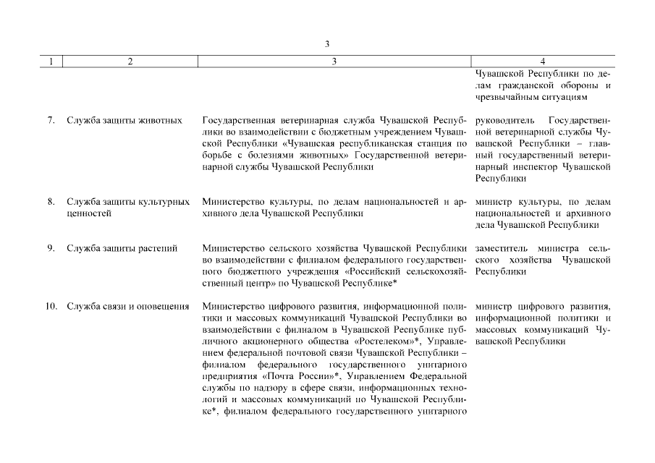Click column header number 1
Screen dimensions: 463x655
click(x=51, y=61)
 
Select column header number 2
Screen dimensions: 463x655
click(x=129, y=61)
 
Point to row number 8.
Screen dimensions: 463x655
click(x=51, y=202)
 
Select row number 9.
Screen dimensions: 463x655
click(x=51, y=249)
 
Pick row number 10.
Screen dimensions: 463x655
click(x=51, y=307)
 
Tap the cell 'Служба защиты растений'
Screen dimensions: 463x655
click(x=122, y=249)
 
